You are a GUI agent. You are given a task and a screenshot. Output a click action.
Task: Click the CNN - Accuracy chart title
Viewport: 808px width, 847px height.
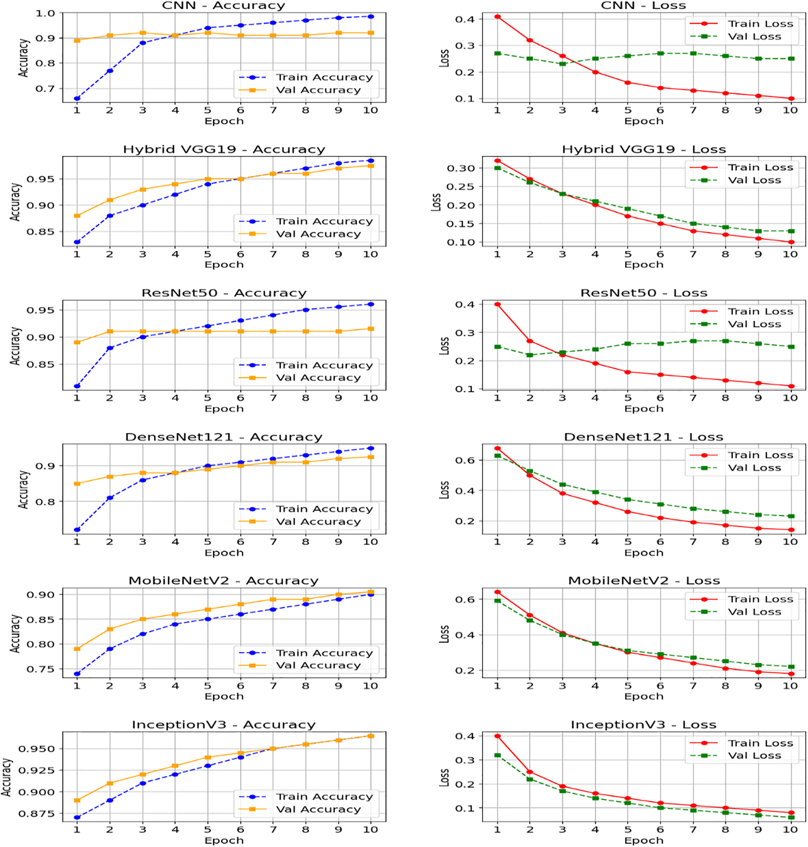point(223,6)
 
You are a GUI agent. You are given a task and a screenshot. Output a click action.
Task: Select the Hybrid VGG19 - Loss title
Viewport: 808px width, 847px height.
point(643,149)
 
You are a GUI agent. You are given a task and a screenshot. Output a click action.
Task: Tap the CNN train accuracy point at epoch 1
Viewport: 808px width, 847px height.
point(77,99)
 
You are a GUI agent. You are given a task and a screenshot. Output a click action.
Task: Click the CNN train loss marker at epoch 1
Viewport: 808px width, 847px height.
point(497,17)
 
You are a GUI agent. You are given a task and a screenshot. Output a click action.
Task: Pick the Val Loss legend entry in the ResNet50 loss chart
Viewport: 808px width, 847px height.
point(754,324)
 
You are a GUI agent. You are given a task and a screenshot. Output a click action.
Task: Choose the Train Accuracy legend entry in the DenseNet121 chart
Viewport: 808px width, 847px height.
point(324,509)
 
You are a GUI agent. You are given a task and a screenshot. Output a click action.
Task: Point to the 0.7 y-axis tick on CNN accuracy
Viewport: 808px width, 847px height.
point(45,89)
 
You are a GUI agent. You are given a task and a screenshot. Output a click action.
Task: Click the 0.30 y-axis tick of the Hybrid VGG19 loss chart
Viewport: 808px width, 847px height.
point(460,169)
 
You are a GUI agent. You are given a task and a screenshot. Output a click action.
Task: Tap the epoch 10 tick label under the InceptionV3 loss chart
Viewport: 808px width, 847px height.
point(790,830)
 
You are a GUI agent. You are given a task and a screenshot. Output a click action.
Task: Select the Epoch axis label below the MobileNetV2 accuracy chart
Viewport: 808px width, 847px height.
point(224,696)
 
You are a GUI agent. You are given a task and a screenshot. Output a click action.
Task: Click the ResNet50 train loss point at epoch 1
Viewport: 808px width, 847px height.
point(497,304)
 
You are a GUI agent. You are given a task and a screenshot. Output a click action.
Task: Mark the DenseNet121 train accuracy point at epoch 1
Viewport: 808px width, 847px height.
point(77,530)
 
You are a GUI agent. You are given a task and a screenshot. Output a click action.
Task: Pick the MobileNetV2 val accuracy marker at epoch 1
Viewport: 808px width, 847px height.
point(77,649)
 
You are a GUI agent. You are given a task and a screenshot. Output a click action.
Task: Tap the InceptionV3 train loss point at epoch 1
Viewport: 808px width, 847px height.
point(497,736)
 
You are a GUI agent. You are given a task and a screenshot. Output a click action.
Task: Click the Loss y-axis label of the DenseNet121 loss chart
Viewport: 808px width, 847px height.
point(444,490)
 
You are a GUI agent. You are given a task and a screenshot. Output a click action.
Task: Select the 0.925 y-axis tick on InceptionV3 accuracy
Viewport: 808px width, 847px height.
point(37,770)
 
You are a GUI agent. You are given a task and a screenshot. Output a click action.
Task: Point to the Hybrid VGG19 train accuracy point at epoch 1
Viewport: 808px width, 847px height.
point(77,242)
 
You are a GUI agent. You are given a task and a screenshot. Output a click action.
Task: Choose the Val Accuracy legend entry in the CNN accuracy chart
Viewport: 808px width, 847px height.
point(318,90)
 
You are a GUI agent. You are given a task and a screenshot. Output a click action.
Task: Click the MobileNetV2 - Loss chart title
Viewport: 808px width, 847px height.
point(643,581)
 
